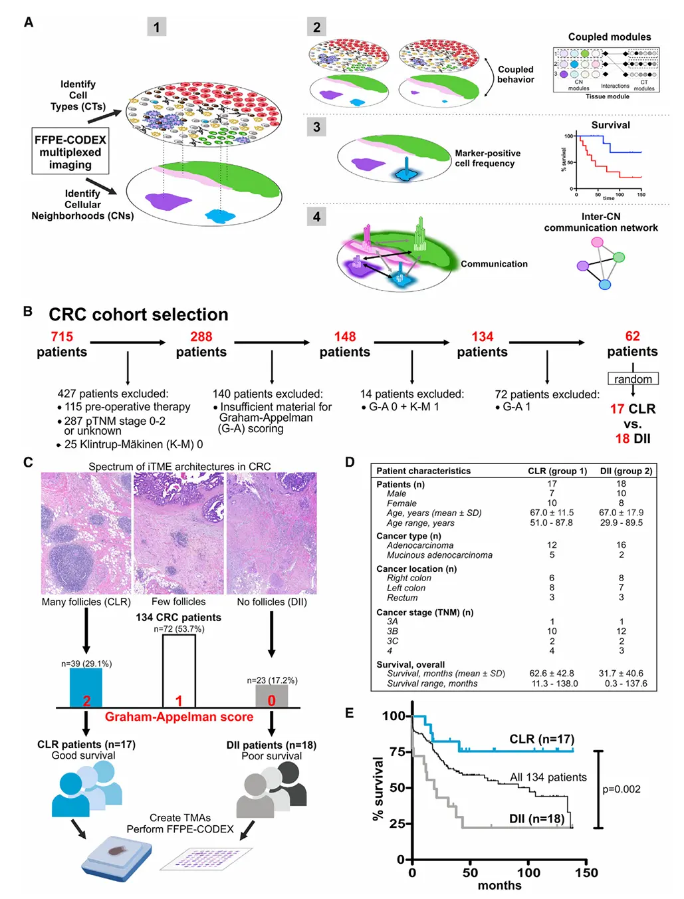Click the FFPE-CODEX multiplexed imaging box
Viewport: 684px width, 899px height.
[x=70, y=152]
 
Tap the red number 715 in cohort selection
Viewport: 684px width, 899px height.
[x=62, y=336]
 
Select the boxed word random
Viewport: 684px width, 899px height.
[x=633, y=379]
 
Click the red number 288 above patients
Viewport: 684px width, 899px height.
[x=201, y=336]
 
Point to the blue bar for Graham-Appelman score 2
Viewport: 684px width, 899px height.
[x=86, y=688]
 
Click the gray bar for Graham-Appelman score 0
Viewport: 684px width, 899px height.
[x=271, y=696]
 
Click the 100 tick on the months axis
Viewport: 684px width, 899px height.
[x=528, y=872]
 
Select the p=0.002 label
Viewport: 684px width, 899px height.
[x=622, y=789]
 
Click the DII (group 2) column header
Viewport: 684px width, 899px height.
[x=626, y=471]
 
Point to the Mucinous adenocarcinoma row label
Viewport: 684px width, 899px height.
[x=439, y=555]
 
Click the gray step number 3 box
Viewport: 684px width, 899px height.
[x=316, y=127]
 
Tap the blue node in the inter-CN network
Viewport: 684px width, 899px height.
[x=604, y=285]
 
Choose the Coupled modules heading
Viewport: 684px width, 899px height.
[x=609, y=37]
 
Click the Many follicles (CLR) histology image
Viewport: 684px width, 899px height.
[x=86, y=533]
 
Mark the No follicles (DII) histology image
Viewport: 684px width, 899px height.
[x=272, y=533]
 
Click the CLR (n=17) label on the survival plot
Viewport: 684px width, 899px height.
[x=542, y=739]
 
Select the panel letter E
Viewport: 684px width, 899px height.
[x=350, y=713]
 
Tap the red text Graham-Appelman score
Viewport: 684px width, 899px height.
[x=179, y=717]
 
